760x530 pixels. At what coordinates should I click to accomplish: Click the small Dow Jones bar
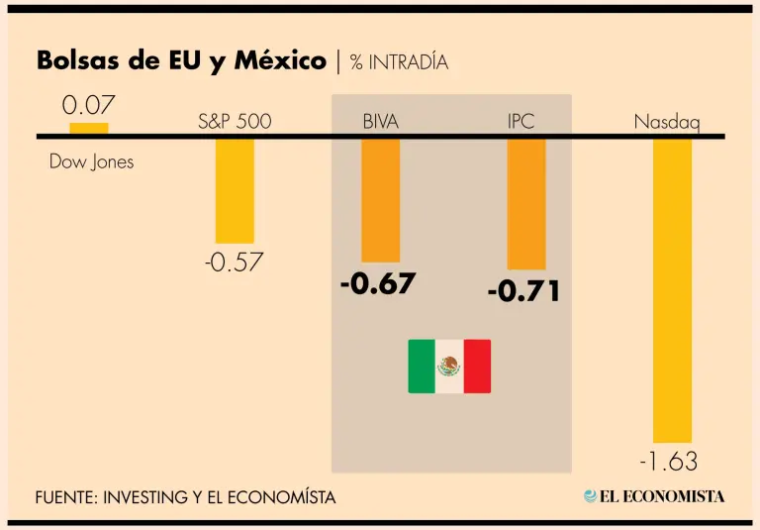(x=89, y=128)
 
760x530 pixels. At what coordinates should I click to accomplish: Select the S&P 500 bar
(x=235, y=190)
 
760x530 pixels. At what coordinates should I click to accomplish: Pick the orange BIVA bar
(x=380, y=200)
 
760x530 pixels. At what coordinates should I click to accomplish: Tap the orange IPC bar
(x=526, y=204)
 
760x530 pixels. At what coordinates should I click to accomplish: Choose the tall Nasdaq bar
(x=672, y=290)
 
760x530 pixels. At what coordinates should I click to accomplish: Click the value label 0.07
(x=89, y=105)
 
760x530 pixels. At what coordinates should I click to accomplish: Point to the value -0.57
(x=235, y=263)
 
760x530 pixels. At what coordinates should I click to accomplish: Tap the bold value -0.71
(x=523, y=292)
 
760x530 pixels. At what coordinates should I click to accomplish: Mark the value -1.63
(x=668, y=462)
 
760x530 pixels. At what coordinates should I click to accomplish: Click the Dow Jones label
(x=91, y=161)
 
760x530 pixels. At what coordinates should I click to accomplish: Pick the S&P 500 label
(x=235, y=123)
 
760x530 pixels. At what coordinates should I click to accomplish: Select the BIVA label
(x=381, y=123)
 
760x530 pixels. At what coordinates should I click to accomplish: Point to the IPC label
(x=522, y=123)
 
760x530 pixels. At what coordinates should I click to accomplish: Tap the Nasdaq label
(x=667, y=123)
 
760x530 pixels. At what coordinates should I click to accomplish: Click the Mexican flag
(x=449, y=366)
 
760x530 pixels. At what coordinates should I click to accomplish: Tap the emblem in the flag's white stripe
(x=449, y=366)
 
